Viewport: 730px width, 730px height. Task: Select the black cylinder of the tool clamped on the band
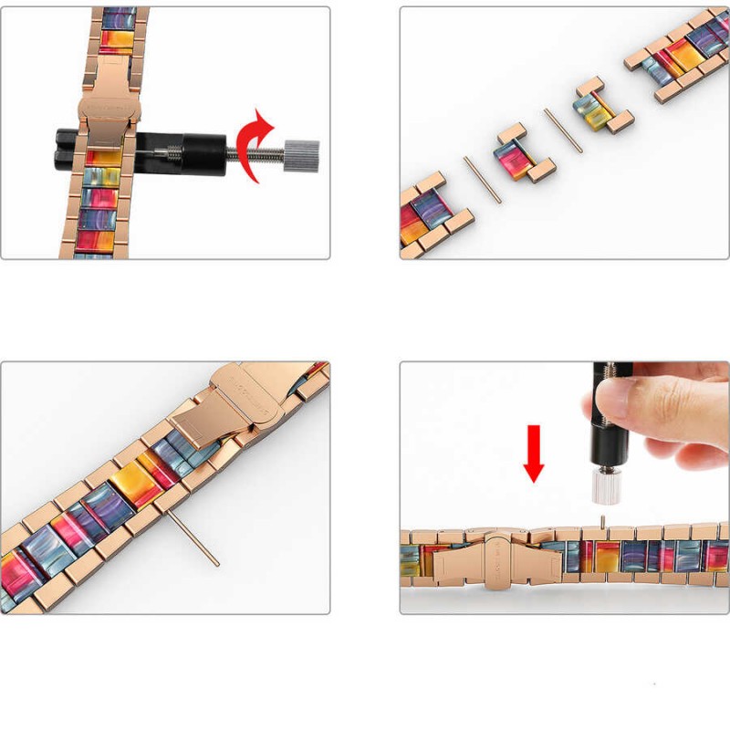click(x=196, y=146)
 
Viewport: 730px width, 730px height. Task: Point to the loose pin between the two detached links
click(x=563, y=130)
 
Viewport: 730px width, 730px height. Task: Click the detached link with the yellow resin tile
click(x=598, y=107)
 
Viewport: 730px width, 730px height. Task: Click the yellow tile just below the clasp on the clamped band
click(x=104, y=157)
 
